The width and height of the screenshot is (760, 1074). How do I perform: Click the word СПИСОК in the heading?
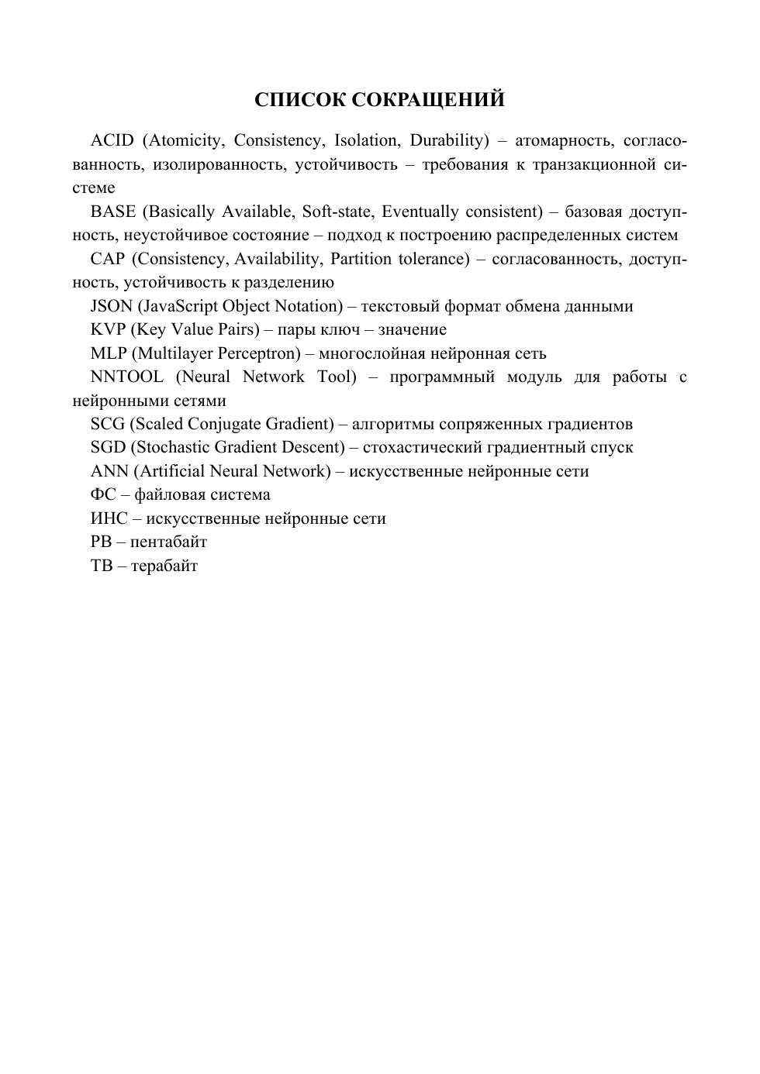[299, 100]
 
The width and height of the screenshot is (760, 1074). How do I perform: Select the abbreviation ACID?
[112, 140]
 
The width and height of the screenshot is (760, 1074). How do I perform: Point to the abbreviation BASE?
[113, 212]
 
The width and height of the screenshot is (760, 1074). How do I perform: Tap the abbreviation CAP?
[109, 259]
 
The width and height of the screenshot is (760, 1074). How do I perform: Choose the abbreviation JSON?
[112, 306]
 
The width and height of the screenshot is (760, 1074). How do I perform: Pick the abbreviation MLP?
[109, 353]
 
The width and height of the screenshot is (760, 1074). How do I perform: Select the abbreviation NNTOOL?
[126, 377]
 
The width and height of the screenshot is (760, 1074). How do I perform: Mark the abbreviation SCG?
[108, 424]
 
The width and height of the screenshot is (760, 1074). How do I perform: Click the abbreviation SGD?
[108, 447]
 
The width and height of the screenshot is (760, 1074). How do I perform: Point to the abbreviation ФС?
[103, 494]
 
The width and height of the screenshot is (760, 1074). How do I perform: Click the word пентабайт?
[168, 542]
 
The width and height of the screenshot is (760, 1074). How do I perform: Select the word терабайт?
[164, 566]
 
